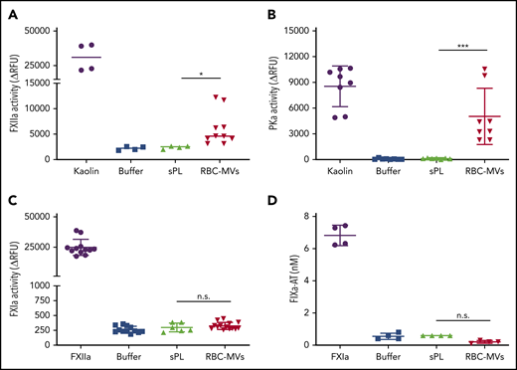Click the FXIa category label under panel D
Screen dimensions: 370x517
[x=341, y=358]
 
